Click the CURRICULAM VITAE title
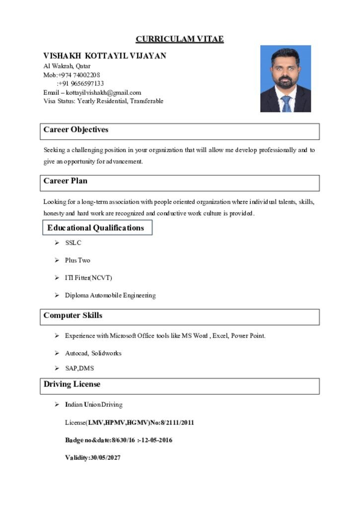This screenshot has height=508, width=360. click(180, 39)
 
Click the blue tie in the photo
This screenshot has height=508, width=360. click(287, 103)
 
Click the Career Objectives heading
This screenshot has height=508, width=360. click(76, 130)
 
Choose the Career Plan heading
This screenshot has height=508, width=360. click(66, 181)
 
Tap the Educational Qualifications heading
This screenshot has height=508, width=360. click(96, 228)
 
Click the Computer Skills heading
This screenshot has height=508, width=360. click(73, 316)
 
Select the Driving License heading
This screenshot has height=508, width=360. click(72, 384)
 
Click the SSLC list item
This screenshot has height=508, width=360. click(73, 243)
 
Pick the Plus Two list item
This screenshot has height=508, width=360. click(77, 260)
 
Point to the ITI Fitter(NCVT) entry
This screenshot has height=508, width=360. click(85, 277)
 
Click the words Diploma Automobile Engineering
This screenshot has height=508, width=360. click(110, 295)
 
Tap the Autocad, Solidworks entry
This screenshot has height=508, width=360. click(93, 353)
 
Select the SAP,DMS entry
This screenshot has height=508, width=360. click(79, 368)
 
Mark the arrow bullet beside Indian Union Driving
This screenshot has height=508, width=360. click(57, 404)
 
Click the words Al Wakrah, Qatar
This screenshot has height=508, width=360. click(67, 65)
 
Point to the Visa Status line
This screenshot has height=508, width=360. click(103, 101)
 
